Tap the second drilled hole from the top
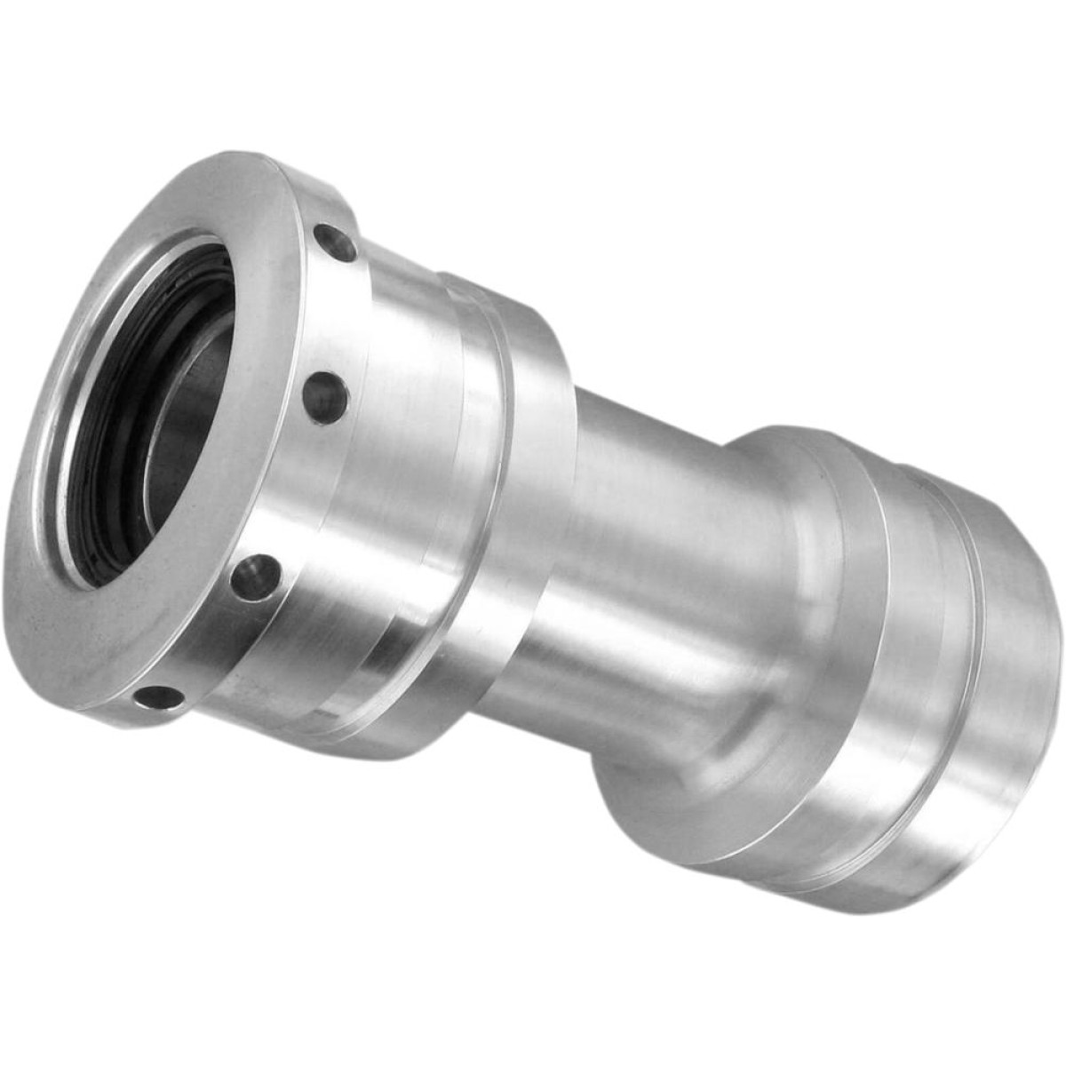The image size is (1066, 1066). pos(326,392)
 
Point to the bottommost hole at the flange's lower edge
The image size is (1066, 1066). pos(158,698)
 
